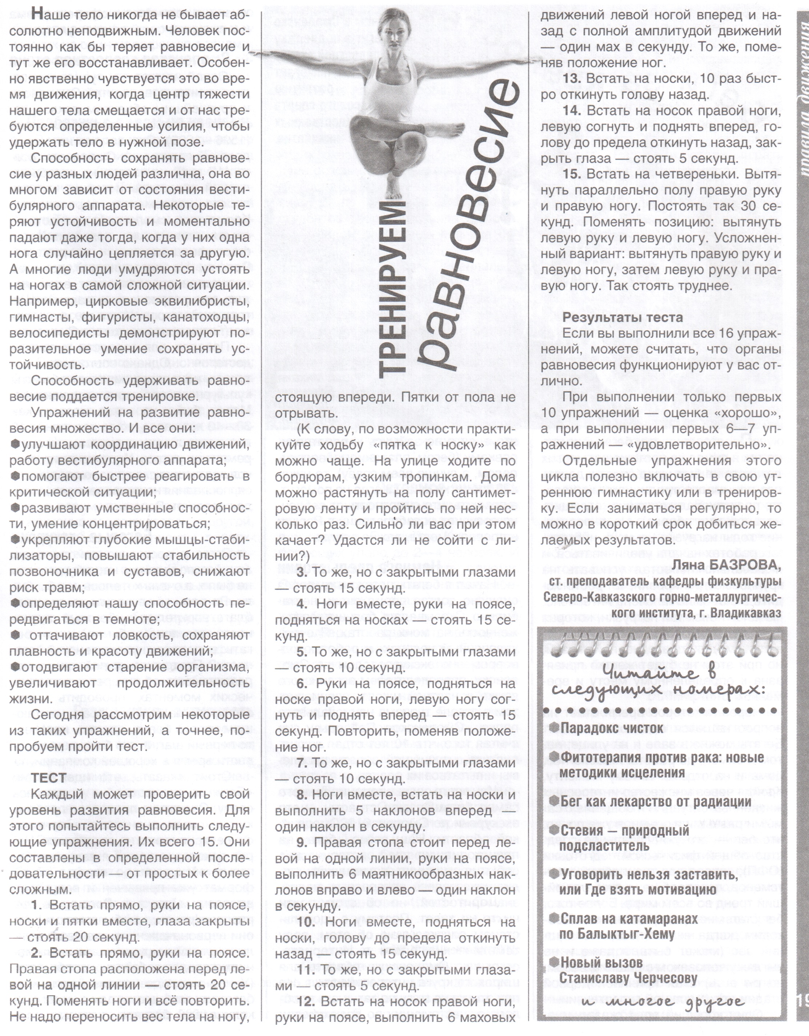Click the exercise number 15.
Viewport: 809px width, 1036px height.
point(572,174)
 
